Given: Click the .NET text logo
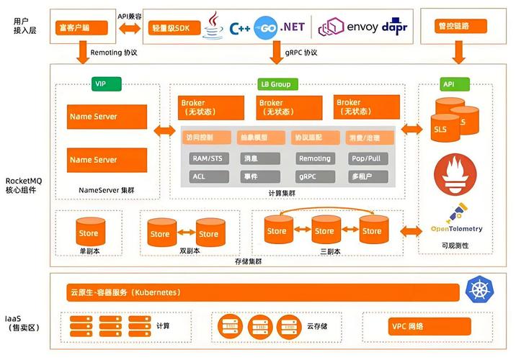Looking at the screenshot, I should pos(292,27).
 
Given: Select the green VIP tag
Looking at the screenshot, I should pos(100,84).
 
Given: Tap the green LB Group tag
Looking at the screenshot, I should pos(275,84).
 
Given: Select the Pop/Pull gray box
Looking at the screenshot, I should pos(366,158).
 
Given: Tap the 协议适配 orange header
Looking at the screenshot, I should pos(314,138).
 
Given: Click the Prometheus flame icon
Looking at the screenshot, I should pos(455,176).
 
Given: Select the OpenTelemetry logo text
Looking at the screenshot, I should pos(455,229).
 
